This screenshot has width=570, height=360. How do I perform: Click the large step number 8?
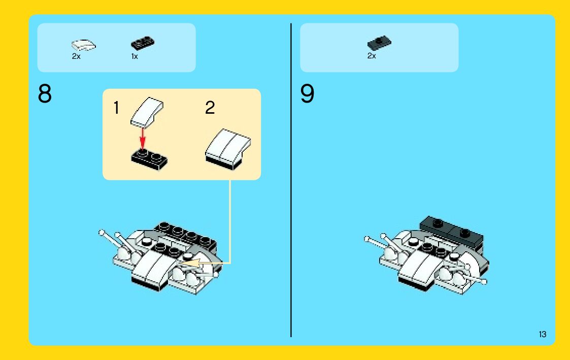[45, 94]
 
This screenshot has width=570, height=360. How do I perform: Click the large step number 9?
[307, 94]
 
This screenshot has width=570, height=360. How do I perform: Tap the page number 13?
[543, 334]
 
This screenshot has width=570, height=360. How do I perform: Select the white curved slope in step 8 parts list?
[83, 45]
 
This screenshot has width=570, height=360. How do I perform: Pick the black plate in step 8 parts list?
[143, 43]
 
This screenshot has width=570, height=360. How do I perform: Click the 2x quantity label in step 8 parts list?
[76, 56]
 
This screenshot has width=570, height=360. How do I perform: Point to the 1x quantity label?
[135, 56]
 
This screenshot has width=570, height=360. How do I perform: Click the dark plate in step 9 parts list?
[379, 43]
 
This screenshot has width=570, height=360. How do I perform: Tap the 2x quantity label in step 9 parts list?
[372, 56]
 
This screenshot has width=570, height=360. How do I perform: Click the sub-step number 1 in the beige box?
[116, 108]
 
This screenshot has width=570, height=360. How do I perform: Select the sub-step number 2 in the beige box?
[210, 108]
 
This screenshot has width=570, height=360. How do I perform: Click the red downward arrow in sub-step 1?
[143, 138]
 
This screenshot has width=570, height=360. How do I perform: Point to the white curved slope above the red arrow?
[147, 112]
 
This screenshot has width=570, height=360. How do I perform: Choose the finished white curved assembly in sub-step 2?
[228, 149]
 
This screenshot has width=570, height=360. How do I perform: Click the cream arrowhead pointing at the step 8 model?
[190, 263]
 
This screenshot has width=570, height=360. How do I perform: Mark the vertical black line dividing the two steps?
[291, 180]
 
